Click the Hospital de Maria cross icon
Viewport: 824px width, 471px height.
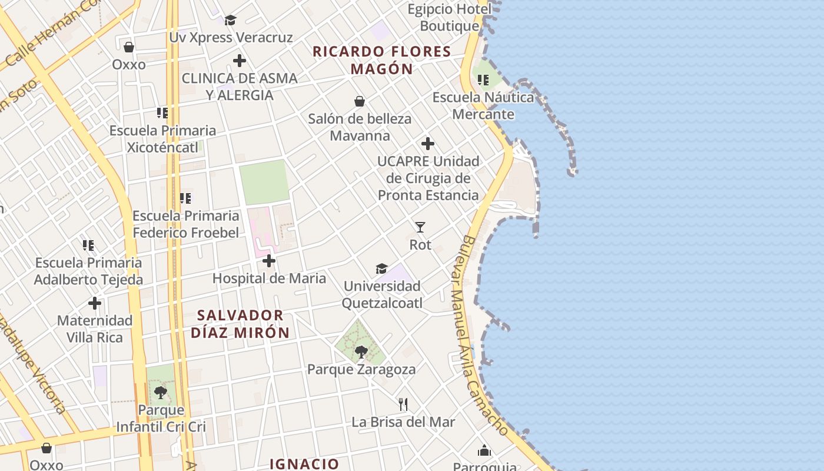coord(269,261)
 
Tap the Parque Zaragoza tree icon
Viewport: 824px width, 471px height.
coord(361,352)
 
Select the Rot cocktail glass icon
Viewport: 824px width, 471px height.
coord(420,227)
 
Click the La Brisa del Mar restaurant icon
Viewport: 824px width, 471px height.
coord(403,404)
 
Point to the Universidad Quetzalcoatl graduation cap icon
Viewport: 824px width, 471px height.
coord(381,268)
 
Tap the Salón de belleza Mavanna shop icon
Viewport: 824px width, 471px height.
coord(360,101)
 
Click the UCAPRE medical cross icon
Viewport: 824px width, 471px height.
coord(428,143)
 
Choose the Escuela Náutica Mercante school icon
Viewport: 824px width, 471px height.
coord(483,79)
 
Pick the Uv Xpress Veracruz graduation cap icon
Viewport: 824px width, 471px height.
coord(230,21)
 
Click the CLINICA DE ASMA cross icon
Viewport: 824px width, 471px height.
coord(240,60)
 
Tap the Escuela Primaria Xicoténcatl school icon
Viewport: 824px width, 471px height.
coord(162,112)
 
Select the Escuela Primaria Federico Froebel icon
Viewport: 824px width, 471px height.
coord(185,198)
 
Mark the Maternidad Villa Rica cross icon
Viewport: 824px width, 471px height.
coord(95,303)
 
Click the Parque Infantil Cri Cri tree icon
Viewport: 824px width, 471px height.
coord(160,392)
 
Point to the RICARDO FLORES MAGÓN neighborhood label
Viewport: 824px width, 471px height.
coord(382,60)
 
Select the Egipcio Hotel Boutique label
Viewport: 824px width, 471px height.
coord(450,18)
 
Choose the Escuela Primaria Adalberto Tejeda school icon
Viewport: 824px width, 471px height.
coord(88,245)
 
